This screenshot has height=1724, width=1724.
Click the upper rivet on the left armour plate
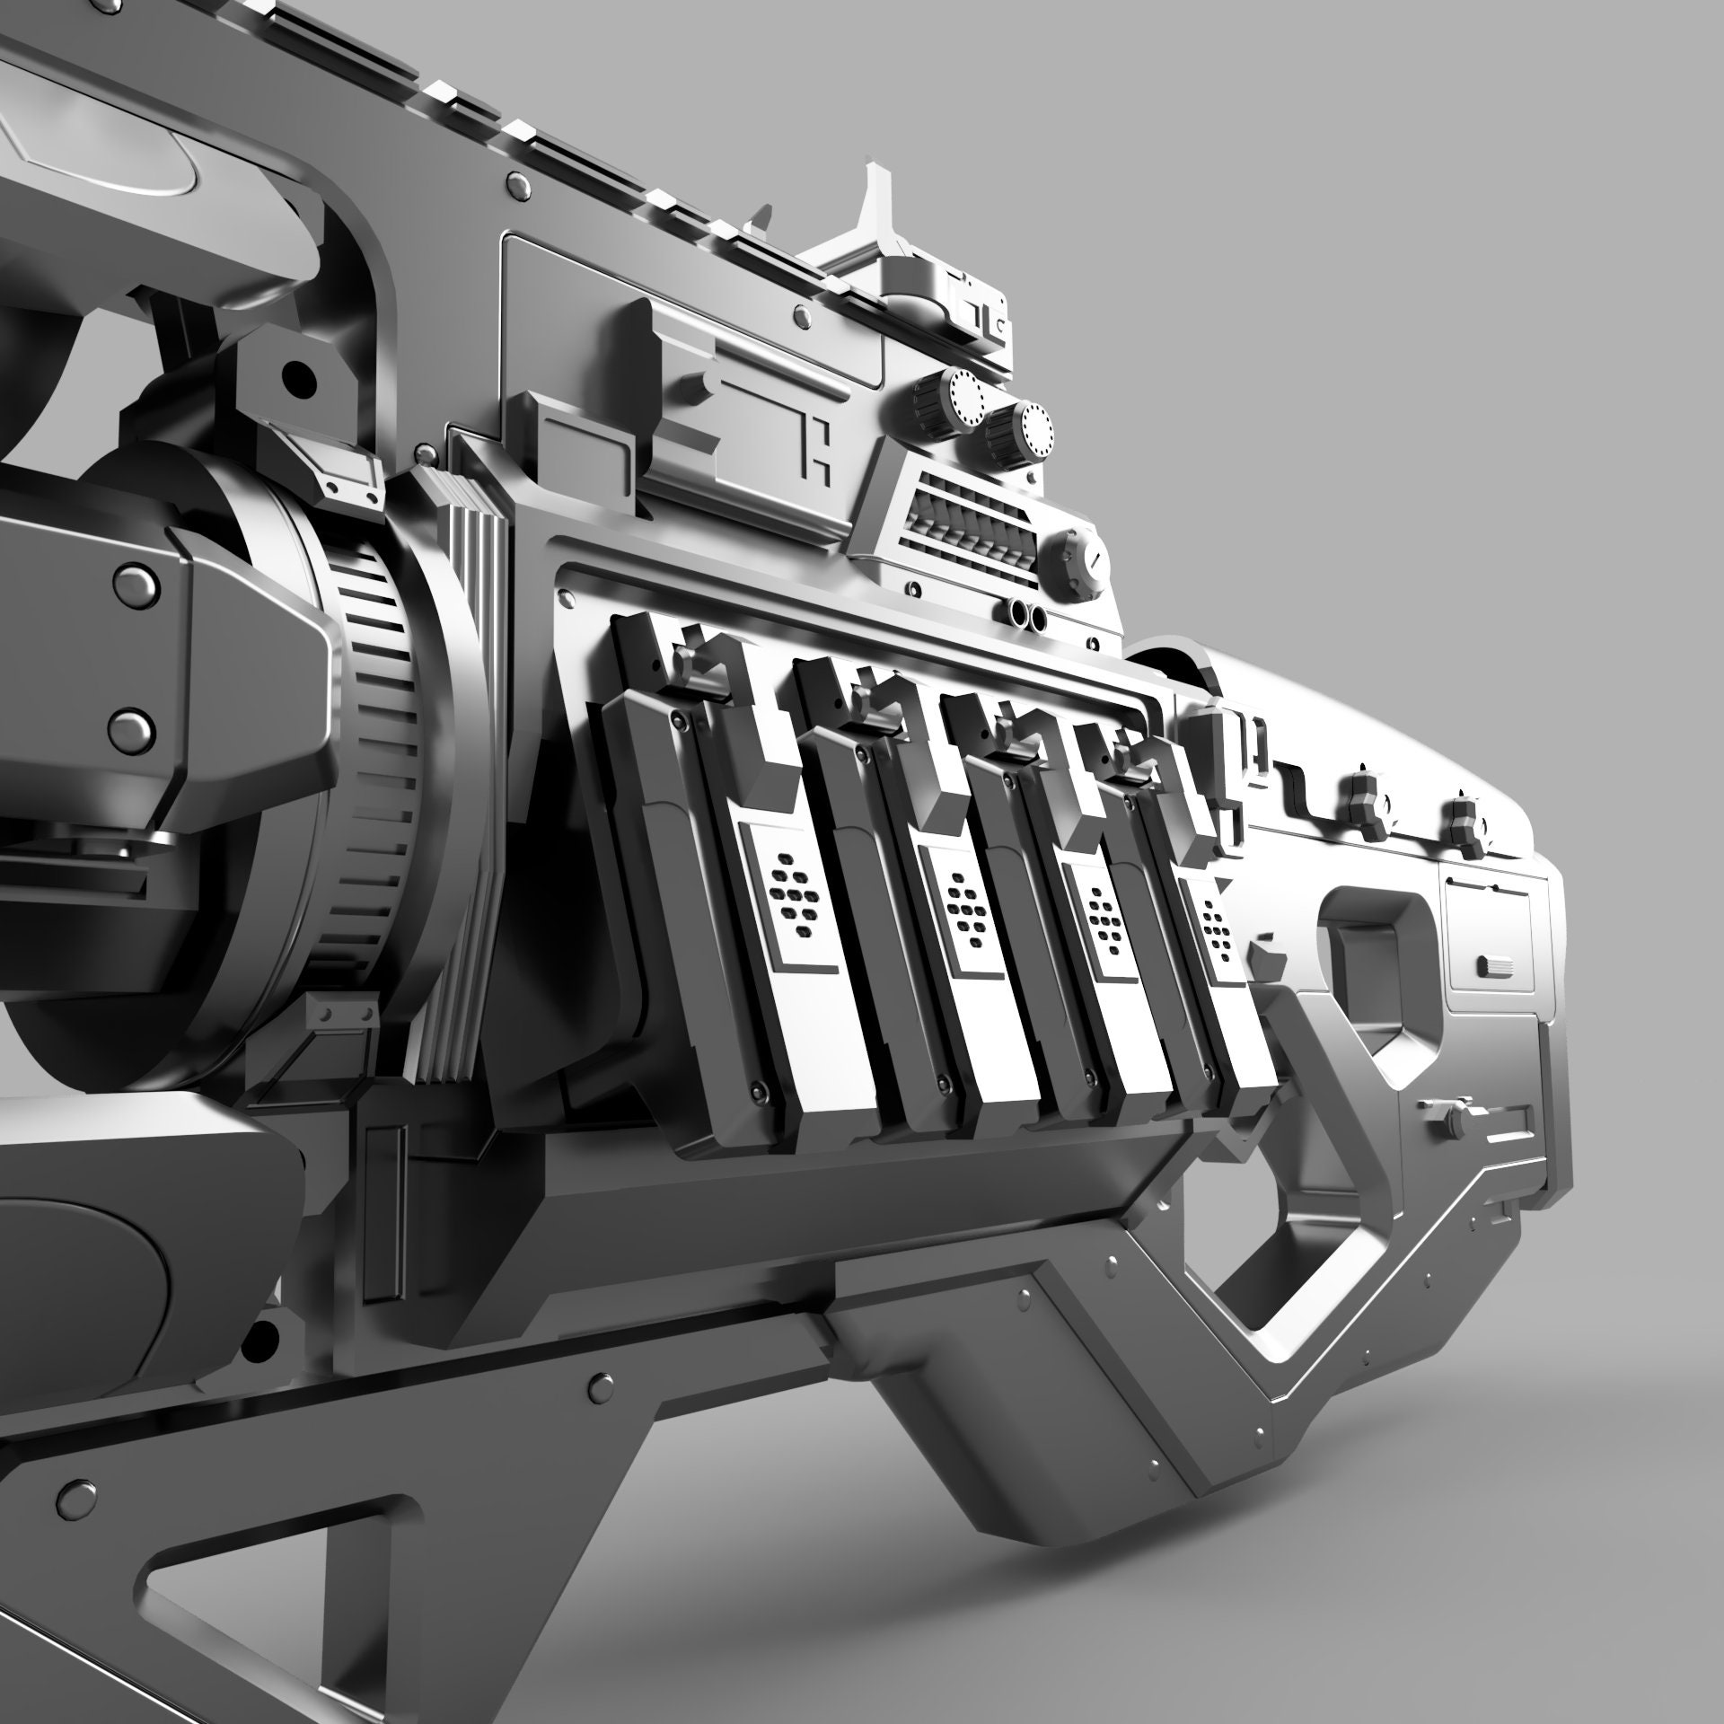tap(133, 582)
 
